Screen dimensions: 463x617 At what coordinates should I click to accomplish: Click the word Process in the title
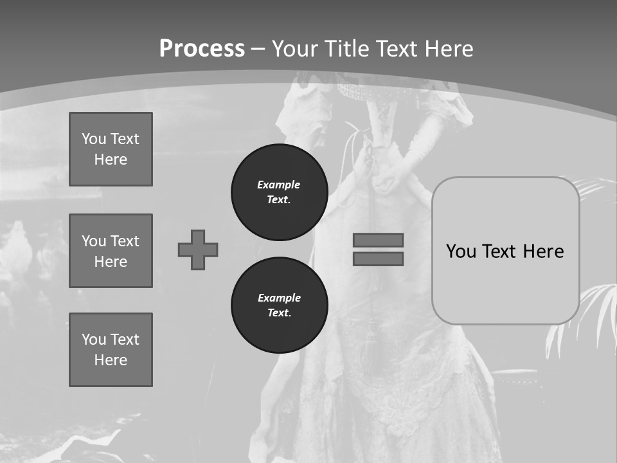point(202,48)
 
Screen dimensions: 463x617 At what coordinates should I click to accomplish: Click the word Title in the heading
point(347,48)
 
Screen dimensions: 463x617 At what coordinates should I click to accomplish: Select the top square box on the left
point(111,149)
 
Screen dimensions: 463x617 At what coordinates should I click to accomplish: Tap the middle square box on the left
point(111,251)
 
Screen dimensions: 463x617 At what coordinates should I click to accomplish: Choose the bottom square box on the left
point(111,349)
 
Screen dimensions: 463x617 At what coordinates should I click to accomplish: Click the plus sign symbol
point(198,250)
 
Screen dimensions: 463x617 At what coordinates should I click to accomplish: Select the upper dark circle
point(280,192)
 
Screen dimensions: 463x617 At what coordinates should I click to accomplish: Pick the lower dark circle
point(280,305)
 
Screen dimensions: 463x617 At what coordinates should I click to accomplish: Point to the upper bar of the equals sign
point(378,240)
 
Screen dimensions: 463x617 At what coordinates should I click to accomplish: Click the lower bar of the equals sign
point(378,259)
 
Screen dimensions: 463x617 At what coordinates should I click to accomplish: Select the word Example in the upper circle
point(278,185)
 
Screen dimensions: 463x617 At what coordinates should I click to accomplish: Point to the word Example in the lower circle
point(279,298)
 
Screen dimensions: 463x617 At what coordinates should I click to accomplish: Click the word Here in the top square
point(111,159)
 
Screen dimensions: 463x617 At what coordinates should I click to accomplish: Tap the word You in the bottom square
point(94,339)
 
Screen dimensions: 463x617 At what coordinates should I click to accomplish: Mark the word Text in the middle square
point(124,241)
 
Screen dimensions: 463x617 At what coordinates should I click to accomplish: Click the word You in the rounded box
point(461,251)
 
